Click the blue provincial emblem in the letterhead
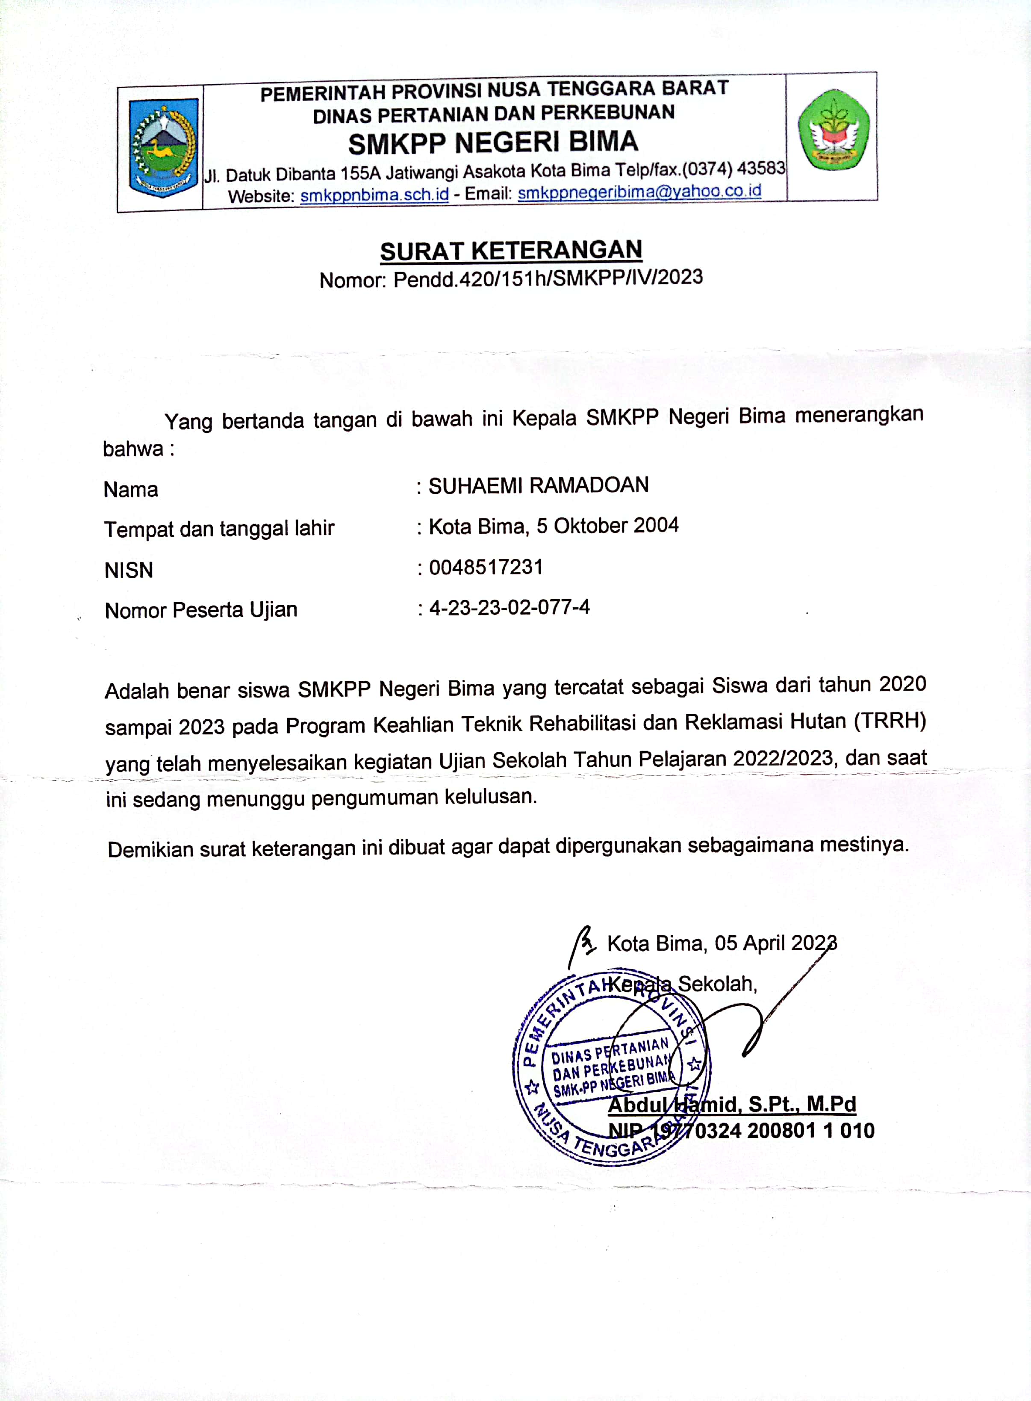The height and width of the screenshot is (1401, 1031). tap(163, 148)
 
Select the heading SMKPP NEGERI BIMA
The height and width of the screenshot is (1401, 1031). tap(493, 143)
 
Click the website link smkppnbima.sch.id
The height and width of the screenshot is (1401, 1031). tap(374, 195)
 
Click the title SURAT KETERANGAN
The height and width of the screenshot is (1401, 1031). tap(511, 251)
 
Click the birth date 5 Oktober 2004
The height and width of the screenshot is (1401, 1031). tap(607, 526)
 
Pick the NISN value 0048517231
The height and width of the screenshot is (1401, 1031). tap(486, 567)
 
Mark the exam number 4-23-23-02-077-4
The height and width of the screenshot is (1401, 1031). tap(509, 607)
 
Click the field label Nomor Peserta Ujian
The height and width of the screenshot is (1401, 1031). tap(201, 610)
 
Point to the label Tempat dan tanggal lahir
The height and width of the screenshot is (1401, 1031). tap(219, 529)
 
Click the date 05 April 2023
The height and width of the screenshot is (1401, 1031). tap(775, 943)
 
